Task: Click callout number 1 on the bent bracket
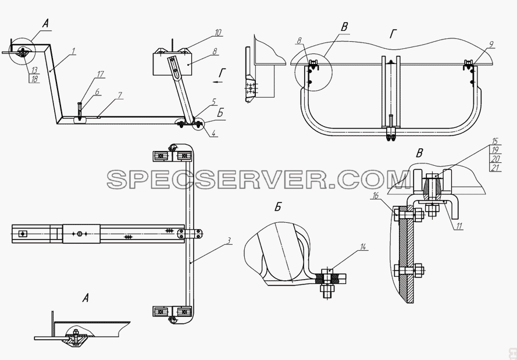tap(73, 51)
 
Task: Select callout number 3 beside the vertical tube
tap(228, 241)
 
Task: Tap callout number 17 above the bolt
tap(100, 74)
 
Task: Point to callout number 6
tap(97, 92)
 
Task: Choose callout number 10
tap(218, 33)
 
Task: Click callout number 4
tap(213, 133)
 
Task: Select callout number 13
tap(35, 70)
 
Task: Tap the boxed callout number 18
tap(35, 79)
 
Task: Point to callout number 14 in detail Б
tap(363, 247)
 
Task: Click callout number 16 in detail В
tap(375, 195)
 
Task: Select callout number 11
tap(459, 226)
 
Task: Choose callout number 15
tap(494, 141)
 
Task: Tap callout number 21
tap(495, 168)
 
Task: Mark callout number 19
tap(494, 150)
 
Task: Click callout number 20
tap(495, 159)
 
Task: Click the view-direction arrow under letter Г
tap(218, 82)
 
